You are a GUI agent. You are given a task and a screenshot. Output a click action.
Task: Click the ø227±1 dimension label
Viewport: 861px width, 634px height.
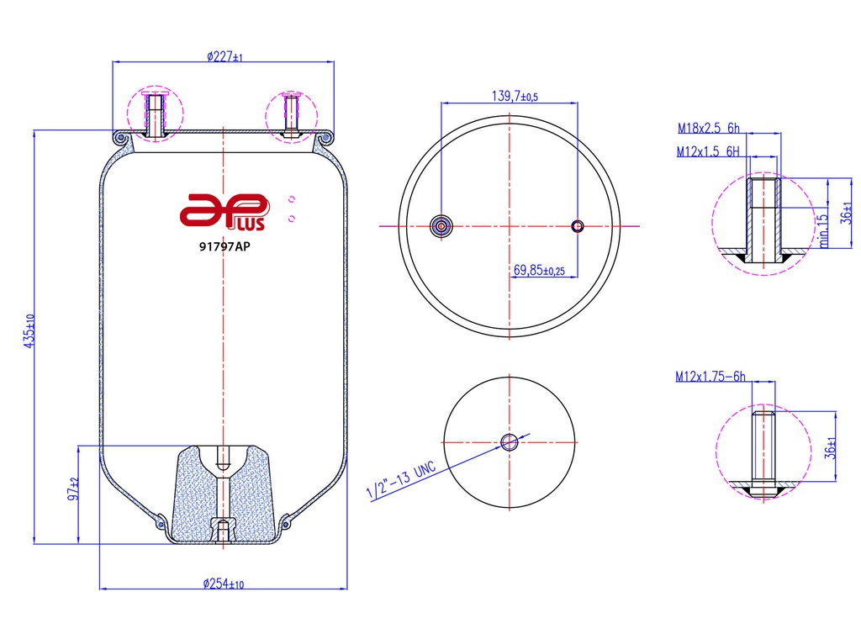224,57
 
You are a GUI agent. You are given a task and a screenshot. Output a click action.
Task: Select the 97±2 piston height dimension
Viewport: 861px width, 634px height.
73,489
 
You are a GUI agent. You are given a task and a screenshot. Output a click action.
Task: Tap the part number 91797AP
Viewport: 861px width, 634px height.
224,247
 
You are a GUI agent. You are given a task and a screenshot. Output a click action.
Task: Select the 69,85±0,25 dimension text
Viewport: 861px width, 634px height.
538,271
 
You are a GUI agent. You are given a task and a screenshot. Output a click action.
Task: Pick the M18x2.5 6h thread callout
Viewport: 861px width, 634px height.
708,129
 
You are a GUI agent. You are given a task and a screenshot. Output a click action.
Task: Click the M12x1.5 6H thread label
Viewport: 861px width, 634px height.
708,151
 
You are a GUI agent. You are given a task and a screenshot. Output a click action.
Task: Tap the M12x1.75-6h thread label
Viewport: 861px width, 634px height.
710,378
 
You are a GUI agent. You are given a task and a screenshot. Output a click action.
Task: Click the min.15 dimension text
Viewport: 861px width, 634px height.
823,230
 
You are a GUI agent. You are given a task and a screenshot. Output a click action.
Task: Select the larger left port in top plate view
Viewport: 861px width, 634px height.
441,225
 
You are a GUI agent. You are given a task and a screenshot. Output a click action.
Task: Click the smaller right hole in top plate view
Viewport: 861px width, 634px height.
578,225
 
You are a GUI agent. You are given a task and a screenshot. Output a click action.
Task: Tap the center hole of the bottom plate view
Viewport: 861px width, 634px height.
509,442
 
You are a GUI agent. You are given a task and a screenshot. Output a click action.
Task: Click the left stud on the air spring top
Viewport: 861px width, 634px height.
155,115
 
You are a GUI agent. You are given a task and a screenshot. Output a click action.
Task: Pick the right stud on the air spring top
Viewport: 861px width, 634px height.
290,115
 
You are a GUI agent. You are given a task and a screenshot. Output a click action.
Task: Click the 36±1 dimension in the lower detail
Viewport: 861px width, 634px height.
829,447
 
